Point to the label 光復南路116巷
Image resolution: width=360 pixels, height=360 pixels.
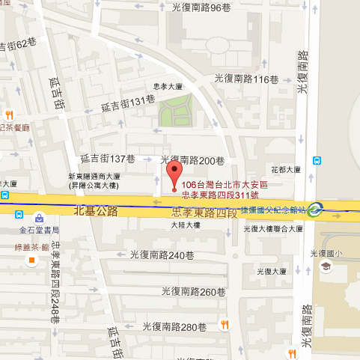[x=241, y=78]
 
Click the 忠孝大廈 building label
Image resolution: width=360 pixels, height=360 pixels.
[x=168, y=86]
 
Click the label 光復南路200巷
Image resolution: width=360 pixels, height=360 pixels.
[x=193, y=159]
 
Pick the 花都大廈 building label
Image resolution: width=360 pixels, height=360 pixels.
[x=287, y=170]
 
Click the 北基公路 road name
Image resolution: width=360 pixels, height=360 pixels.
[x=97, y=210]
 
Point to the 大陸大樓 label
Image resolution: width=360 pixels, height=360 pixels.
[x=186, y=225]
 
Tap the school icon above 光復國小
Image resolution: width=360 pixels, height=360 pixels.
[x=326, y=266]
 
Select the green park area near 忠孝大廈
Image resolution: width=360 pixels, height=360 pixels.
[x=174, y=111]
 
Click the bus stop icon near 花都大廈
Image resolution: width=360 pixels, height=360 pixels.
[x=317, y=159]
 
